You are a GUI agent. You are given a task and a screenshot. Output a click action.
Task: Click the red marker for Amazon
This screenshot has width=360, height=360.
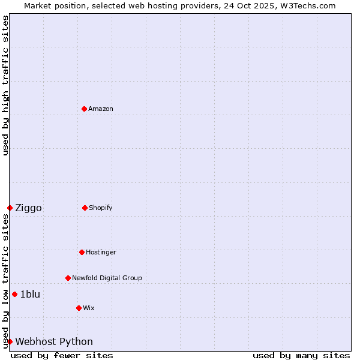[x=84, y=109]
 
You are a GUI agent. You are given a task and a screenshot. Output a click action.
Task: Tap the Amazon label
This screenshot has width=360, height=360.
[x=101, y=109]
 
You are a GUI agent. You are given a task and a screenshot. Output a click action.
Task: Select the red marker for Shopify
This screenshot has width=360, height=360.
[x=85, y=208]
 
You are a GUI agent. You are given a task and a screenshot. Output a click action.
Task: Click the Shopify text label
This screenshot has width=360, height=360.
[x=101, y=208]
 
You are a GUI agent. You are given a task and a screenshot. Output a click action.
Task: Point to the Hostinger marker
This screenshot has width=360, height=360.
[x=82, y=252]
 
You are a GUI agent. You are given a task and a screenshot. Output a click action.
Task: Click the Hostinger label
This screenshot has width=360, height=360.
[x=101, y=252]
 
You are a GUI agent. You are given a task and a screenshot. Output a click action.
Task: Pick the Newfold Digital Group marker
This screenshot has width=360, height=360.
[x=68, y=278]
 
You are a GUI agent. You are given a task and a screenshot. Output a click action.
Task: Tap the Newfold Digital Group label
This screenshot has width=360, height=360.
[x=107, y=278]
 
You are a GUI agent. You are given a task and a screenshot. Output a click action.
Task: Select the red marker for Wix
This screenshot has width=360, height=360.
[x=79, y=308]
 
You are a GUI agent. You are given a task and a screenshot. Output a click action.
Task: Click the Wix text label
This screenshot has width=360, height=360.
[x=89, y=308]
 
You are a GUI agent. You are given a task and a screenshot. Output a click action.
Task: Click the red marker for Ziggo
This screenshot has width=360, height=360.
[x=10, y=208]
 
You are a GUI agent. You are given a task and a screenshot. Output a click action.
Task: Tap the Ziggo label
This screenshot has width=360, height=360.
[x=28, y=208]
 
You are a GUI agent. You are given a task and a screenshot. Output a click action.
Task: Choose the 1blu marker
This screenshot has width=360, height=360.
[x=14, y=294]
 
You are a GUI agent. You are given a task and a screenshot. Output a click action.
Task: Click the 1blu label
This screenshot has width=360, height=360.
[x=30, y=294]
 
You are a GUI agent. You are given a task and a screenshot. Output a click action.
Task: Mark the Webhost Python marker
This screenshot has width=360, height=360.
[x=10, y=341]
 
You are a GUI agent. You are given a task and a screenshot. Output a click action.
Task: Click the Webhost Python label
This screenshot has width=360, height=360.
[x=54, y=342]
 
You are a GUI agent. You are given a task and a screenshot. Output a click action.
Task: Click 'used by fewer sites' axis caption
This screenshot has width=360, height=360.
[x=62, y=355]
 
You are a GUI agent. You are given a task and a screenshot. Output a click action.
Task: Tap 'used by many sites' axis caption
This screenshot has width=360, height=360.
[x=301, y=355]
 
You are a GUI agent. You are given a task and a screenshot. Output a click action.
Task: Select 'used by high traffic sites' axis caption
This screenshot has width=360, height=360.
[x=5, y=85]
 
